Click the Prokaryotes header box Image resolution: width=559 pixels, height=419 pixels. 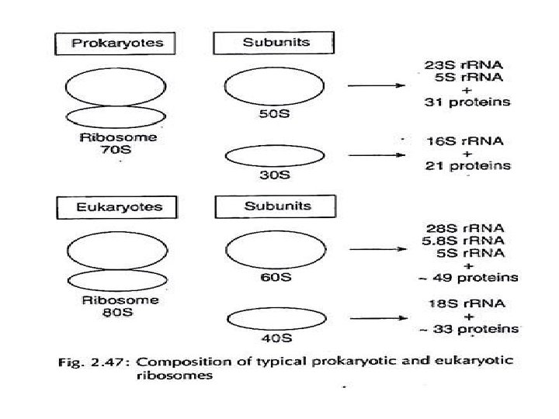click(117, 43)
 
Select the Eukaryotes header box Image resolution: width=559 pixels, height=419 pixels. click(116, 207)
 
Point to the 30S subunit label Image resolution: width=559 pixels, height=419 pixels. click(274, 175)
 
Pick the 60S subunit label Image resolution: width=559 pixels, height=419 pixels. click(275, 279)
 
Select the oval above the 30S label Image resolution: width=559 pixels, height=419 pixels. click(273, 156)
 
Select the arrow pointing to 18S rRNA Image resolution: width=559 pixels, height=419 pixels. click(377, 318)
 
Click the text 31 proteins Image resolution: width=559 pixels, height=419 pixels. click(467, 102)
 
